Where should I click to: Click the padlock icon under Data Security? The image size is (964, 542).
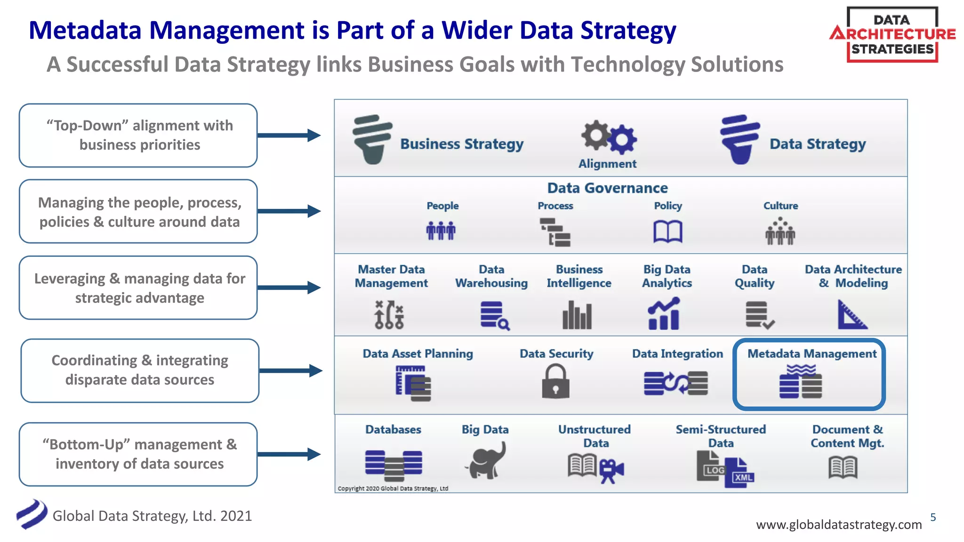[555, 382]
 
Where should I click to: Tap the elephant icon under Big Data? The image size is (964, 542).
[486, 461]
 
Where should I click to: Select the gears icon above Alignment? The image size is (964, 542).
[609, 137]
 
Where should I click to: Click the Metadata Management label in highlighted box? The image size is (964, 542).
[812, 354]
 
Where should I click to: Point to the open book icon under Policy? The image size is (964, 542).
[667, 231]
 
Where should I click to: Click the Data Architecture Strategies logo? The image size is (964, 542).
[892, 34]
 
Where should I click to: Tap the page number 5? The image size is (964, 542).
[933, 518]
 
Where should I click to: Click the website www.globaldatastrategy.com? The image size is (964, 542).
[839, 525]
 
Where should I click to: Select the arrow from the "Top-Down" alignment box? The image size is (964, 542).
[289, 135]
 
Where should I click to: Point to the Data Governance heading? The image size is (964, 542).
[607, 188]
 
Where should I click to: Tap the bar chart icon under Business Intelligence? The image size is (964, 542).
[577, 315]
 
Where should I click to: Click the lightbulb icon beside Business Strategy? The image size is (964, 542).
[372, 139]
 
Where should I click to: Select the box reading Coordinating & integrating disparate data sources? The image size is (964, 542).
[140, 370]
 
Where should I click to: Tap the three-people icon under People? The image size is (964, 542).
[441, 231]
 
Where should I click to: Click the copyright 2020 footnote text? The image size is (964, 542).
[393, 488]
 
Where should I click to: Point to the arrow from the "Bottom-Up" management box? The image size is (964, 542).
[289, 454]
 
